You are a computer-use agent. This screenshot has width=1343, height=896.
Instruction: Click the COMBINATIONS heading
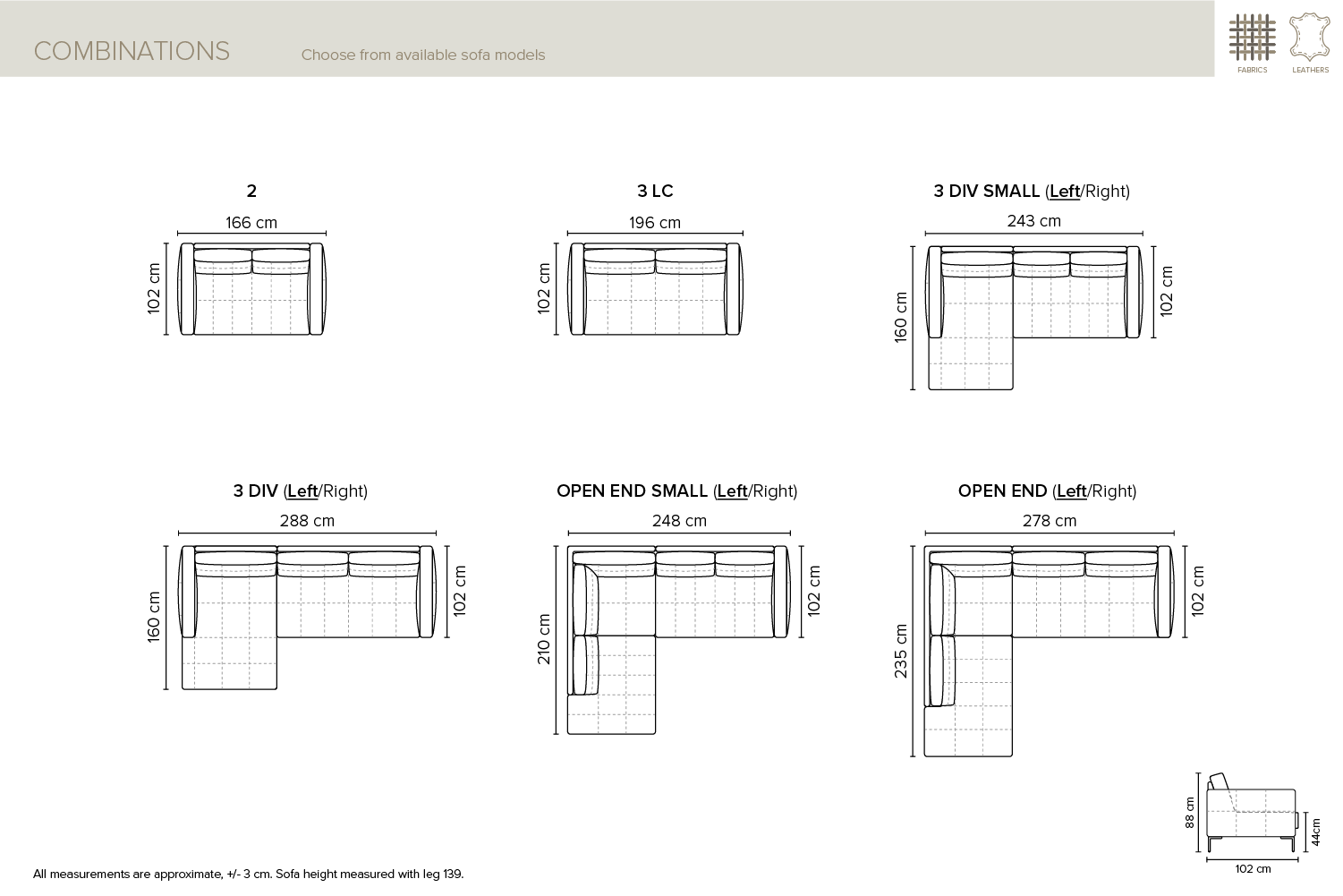pyautogui.click(x=132, y=51)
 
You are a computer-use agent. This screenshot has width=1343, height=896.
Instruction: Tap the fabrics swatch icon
pyautogui.click(x=1253, y=38)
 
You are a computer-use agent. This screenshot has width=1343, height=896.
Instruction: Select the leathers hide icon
pyautogui.click(x=1310, y=38)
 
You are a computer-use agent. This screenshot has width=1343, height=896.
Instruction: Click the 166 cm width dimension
pyautogui.click(x=251, y=223)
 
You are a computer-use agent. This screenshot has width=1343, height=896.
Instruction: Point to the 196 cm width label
pyautogui.click(x=655, y=223)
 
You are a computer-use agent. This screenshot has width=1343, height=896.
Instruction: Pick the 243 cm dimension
pyautogui.click(x=1033, y=221)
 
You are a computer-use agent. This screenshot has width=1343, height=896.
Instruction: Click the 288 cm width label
pyautogui.click(x=307, y=521)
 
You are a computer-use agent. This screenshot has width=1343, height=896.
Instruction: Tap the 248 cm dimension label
pyautogui.click(x=679, y=521)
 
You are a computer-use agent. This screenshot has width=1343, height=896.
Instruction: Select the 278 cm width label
pyautogui.click(x=1050, y=521)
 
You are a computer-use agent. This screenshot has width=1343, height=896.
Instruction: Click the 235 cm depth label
pyautogui.click(x=900, y=652)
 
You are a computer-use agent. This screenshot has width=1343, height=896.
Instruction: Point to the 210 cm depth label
pyautogui.click(x=544, y=639)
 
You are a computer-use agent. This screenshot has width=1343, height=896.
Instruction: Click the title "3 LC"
pyautogui.click(x=655, y=191)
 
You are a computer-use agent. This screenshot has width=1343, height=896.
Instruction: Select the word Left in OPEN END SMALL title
pyautogui.click(x=732, y=491)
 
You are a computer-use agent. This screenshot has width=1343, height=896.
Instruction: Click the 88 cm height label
pyautogui.click(x=1189, y=812)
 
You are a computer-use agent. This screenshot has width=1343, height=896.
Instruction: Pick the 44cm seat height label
pyautogui.click(x=1315, y=832)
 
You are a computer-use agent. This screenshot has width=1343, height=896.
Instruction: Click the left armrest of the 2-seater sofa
pyautogui.click(x=186, y=288)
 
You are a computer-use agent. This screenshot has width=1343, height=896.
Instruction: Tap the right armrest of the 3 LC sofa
pyautogui.click(x=735, y=288)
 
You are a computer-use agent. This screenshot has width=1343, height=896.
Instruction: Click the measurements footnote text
pyautogui.click(x=248, y=874)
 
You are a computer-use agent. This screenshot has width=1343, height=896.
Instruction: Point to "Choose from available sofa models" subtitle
pyautogui.click(x=422, y=55)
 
